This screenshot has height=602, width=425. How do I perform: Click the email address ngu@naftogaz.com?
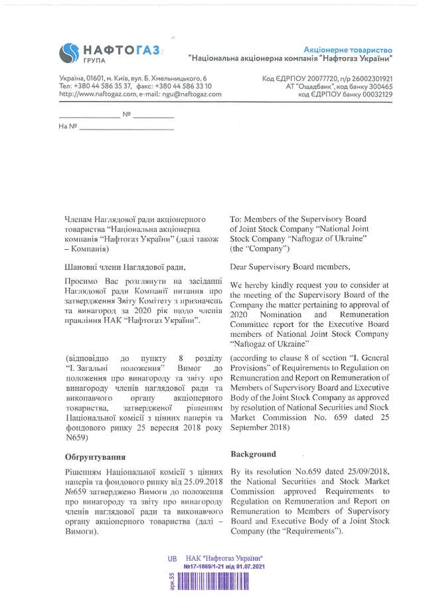pos(189,95)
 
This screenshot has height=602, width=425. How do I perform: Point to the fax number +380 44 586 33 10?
pos(185,86)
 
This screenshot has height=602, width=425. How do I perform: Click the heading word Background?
pos(252,454)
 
